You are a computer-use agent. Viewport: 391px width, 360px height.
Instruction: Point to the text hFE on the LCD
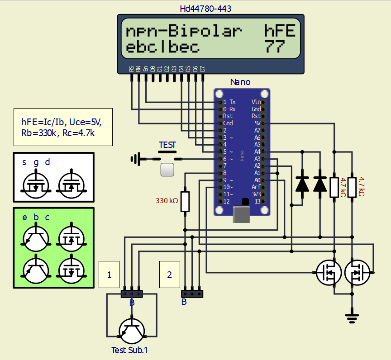[280, 31]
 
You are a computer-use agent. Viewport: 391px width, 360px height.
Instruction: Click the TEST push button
[167, 170]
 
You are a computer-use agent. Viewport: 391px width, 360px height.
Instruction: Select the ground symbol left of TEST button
[134, 159]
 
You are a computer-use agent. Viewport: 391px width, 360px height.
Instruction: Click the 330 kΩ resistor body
[185, 201]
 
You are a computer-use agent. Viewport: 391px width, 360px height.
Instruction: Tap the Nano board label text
[240, 82]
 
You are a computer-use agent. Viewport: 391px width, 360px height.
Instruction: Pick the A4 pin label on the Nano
[257, 152]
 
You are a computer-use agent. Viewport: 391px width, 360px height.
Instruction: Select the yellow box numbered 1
[109, 275]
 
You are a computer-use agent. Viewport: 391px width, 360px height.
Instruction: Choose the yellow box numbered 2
[170, 275]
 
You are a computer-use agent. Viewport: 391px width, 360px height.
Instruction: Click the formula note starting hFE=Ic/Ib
[63, 127]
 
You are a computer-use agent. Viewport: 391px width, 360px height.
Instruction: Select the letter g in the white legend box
[36, 162]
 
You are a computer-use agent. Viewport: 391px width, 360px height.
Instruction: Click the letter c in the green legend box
[47, 218]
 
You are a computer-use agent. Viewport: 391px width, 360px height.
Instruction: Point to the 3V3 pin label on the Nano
[257, 194]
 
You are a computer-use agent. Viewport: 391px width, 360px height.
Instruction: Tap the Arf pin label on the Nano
[257, 187]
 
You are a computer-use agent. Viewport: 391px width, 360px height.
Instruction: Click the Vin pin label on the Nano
[256, 102]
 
